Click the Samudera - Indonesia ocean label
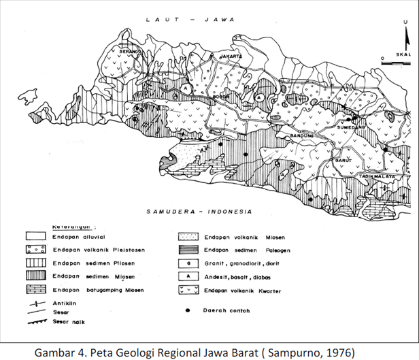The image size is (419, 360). pos(200,211)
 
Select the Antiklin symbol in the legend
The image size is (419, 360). pos(33,301)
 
